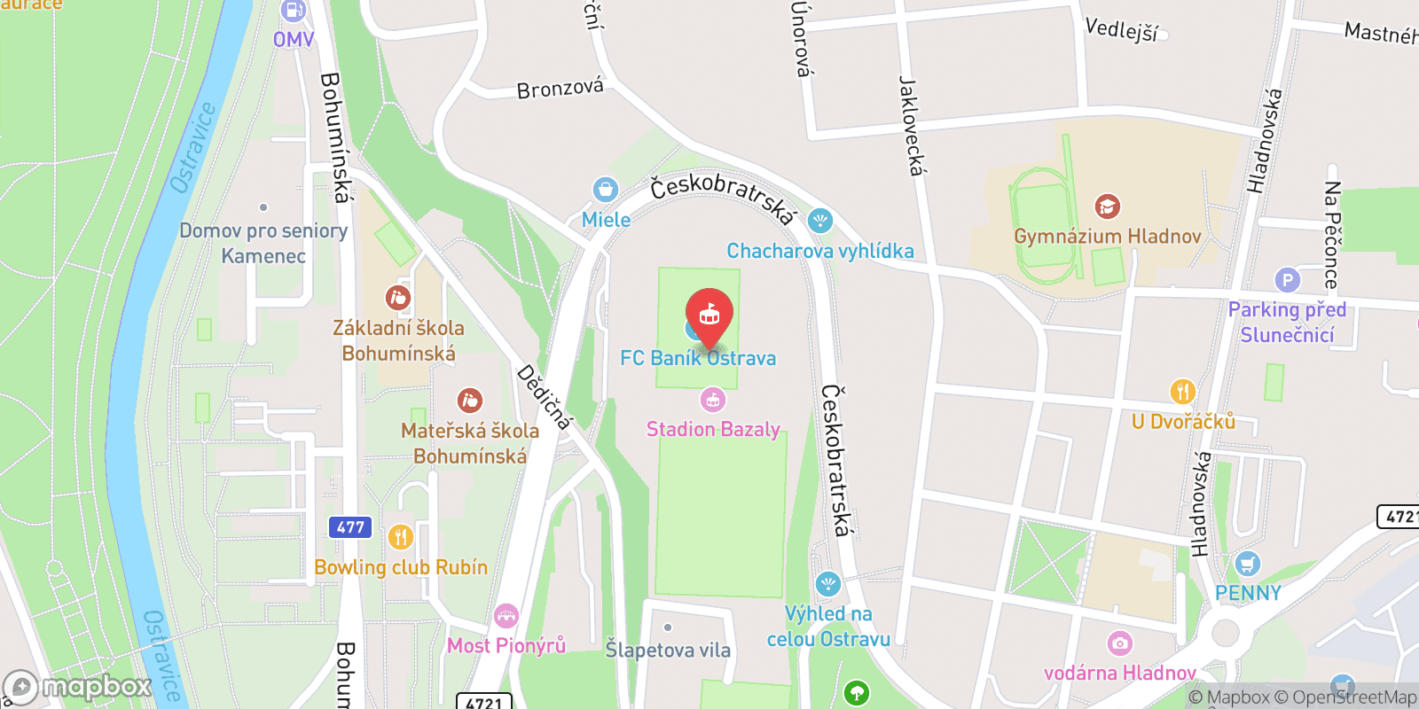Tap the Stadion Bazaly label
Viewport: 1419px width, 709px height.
pos(713,430)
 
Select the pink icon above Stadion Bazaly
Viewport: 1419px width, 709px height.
pos(713,400)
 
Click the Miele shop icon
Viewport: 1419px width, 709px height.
pos(606,189)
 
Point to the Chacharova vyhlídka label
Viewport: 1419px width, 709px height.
pos(820,252)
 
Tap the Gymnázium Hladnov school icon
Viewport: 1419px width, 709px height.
pos(1107,206)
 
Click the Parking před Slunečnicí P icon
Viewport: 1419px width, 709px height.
pos(1287,280)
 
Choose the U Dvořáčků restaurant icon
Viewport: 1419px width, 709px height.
pos(1182,391)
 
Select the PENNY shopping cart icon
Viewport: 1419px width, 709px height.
pos(1248,563)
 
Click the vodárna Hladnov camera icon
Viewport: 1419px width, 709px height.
pos(1120,643)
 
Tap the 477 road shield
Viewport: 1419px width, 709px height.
pos(350,527)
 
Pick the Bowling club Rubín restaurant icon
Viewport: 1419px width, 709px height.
pos(401,536)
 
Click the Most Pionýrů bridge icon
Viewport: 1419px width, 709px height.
pos(506,616)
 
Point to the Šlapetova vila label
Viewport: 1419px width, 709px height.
pos(668,650)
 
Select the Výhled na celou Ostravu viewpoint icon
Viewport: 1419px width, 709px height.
pos(827,584)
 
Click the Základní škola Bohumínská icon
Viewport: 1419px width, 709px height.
pos(398,298)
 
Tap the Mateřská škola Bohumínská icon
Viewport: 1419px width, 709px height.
pos(469,401)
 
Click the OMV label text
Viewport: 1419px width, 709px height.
pos(294,40)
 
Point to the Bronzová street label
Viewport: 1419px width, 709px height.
pos(560,89)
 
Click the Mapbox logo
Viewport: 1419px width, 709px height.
pos(78,687)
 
